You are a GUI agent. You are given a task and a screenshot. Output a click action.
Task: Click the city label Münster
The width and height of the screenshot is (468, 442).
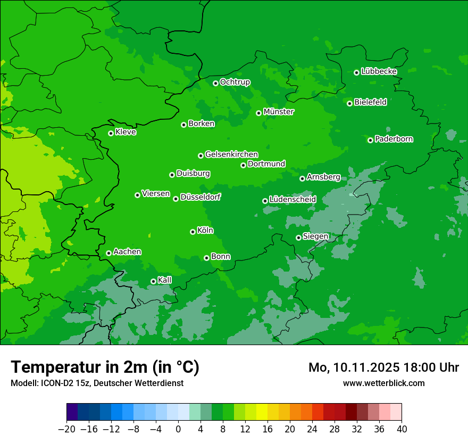tap(279, 112)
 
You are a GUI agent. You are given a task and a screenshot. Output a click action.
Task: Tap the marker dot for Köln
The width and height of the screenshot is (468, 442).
tap(193, 232)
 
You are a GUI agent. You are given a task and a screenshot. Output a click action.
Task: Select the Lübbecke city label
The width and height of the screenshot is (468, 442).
tap(379, 71)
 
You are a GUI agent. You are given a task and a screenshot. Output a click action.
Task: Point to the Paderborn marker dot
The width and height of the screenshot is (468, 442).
tap(371, 140)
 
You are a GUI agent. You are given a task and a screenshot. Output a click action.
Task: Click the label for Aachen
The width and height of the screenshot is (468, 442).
tap(127, 252)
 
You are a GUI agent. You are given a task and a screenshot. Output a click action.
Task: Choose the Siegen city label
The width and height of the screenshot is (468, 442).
tap(315, 236)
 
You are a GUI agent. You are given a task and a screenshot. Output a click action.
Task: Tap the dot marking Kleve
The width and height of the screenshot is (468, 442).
tap(111, 133)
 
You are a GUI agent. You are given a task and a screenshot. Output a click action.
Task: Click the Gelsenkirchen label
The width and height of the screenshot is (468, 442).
tap(231, 154)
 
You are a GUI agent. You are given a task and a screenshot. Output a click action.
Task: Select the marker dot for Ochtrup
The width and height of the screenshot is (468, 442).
tap(215, 83)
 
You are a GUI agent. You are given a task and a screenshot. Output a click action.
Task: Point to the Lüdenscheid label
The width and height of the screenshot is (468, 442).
tap(292, 200)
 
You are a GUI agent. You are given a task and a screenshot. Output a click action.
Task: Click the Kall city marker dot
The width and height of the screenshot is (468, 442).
tap(153, 281)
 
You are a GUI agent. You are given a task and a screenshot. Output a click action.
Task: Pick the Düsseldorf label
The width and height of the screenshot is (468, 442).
tap(200, 197)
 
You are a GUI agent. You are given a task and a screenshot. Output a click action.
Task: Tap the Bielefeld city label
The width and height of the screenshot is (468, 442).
tap(370, 102)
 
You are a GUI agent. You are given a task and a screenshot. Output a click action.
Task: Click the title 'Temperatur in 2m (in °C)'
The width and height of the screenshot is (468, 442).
tap(105, 367)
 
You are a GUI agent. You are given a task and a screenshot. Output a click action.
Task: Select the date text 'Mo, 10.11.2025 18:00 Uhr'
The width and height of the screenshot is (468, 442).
tap(383, 367)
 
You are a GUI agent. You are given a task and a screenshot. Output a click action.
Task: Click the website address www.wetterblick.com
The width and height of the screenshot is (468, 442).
tap(383, 383)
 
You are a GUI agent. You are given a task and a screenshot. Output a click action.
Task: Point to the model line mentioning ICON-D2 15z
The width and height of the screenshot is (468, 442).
tap(97, 383)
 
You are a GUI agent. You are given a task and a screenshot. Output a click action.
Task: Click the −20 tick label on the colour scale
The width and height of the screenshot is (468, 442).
tap(67, 429)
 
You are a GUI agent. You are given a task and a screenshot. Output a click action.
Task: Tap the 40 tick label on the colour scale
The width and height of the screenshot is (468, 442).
tap(402, 429)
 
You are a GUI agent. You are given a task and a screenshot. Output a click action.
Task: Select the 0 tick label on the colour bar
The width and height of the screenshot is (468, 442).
tap(178, 429)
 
